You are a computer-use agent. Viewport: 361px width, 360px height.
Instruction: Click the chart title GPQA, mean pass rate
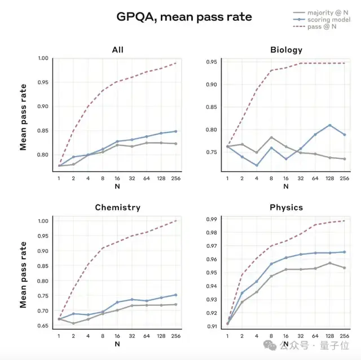(x=184, y=17)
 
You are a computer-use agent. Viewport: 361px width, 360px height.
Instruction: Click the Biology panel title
(x=286, y=50)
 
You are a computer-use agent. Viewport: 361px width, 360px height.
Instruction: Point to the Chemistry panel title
(x=117, y=207)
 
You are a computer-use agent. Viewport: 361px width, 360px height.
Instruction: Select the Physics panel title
(x=286, y=207)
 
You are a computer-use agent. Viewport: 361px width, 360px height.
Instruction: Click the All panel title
(x=117, y=50)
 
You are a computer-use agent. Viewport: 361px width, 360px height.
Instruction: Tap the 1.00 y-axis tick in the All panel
(x=42, y=58)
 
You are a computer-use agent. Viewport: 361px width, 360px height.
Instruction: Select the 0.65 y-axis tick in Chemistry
(x=42, y=326)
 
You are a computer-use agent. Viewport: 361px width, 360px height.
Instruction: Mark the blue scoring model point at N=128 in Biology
(x=330, y=125)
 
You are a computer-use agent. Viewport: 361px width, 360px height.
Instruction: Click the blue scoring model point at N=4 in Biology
(x=257, y=165)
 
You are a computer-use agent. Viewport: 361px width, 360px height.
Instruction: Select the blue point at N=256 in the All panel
(x=175, y=131)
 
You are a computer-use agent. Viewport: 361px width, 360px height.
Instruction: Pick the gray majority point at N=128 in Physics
(x=330, y=263)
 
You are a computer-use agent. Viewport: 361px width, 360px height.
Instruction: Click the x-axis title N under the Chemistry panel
(x=117, y=343)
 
